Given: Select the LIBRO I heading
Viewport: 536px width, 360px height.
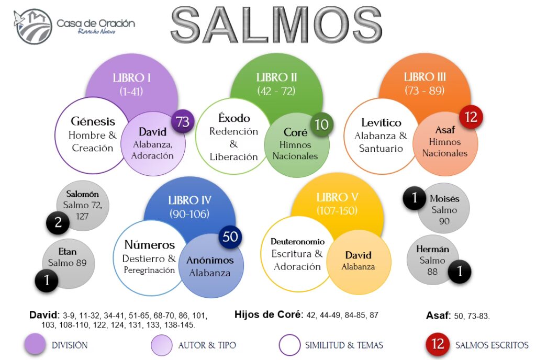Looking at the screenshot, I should pos(132,78).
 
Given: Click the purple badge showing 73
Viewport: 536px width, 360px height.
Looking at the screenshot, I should pos(182,122).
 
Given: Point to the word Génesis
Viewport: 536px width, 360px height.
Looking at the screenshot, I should pos(93,121).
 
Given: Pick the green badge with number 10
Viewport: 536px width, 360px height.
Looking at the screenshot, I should pos(322,125).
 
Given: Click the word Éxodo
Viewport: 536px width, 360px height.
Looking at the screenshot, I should pos(233,118).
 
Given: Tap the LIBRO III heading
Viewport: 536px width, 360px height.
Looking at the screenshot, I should pos(425,77).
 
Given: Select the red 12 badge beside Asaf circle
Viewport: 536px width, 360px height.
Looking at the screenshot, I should pos(471,117).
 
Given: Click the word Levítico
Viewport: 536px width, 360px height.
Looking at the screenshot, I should pos(381,123).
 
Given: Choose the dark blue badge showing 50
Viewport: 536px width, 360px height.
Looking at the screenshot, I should pos(230,236).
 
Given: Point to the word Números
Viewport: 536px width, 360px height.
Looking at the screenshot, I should pos(150,245).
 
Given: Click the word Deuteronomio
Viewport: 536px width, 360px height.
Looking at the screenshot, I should pos(297,242).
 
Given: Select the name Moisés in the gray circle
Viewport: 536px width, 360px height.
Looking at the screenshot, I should pos(444,199).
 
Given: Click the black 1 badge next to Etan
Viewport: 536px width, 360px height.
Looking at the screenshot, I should pos(47,280).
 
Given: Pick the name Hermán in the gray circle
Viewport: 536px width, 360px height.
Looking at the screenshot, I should pos(432,249).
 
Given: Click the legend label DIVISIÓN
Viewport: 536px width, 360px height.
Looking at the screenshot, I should pos(70,345).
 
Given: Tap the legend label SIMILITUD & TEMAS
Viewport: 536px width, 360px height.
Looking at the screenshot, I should pos(344,345).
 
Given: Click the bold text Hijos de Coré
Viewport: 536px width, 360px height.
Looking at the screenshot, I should pos(269,314).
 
